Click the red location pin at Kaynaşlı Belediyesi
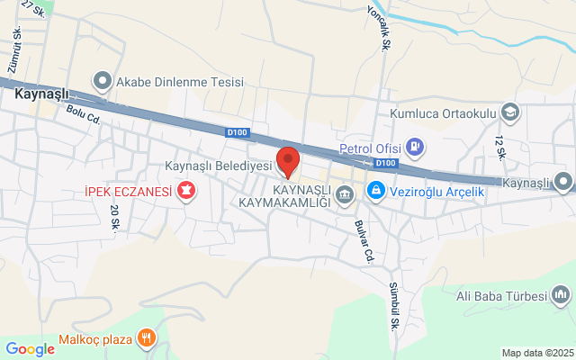[x=288, y=162]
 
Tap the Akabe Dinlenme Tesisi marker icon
[x=102, y=82]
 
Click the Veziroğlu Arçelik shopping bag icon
[x=375, y=190]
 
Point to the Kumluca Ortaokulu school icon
[x=510, y=112]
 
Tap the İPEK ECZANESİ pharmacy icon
[x=186, y=191]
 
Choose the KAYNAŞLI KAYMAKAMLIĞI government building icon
[x=344, y=194]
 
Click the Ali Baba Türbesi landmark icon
[x=562, y=295]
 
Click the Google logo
[x=30, y=349]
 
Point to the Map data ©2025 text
[x=536, y=353]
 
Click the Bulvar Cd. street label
[x=363, y=241]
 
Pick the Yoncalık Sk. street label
[x=384, y=30]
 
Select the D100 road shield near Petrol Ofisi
[x=385, y=163]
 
